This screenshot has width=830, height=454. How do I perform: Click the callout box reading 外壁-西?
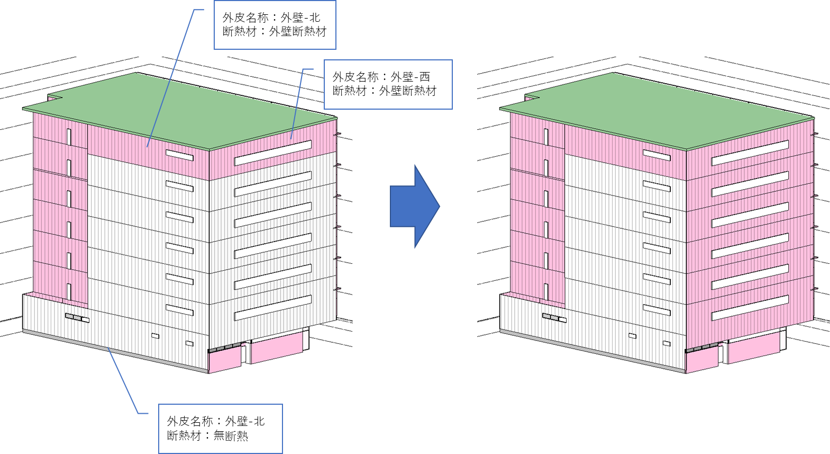click(388, 85)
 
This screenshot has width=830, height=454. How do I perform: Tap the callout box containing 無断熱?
click(221, 429)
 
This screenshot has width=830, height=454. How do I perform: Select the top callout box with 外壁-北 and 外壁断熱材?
click(275, 25)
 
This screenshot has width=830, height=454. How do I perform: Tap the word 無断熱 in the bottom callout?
click(231, 435)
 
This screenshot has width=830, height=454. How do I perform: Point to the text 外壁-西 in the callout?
click(411, 77)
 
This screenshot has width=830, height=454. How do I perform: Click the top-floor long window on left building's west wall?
click(273, 153)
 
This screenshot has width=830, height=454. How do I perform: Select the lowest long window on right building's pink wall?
click(750, 307)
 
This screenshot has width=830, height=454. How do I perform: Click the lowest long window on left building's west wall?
click(273, 307)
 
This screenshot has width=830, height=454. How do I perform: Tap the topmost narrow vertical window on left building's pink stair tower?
click(69, 137)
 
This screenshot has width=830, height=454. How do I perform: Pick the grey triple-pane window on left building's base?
click(77, 318)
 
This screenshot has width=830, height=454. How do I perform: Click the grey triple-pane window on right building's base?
click(555, 318)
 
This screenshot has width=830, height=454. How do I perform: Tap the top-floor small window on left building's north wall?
click(180, 155)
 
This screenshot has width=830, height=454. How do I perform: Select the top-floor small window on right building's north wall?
click(657, 155)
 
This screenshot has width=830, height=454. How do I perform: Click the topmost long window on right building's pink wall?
click(750, 153)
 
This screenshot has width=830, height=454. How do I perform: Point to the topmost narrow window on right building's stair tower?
click(546, 137)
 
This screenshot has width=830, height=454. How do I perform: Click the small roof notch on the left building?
click(55, 97)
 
